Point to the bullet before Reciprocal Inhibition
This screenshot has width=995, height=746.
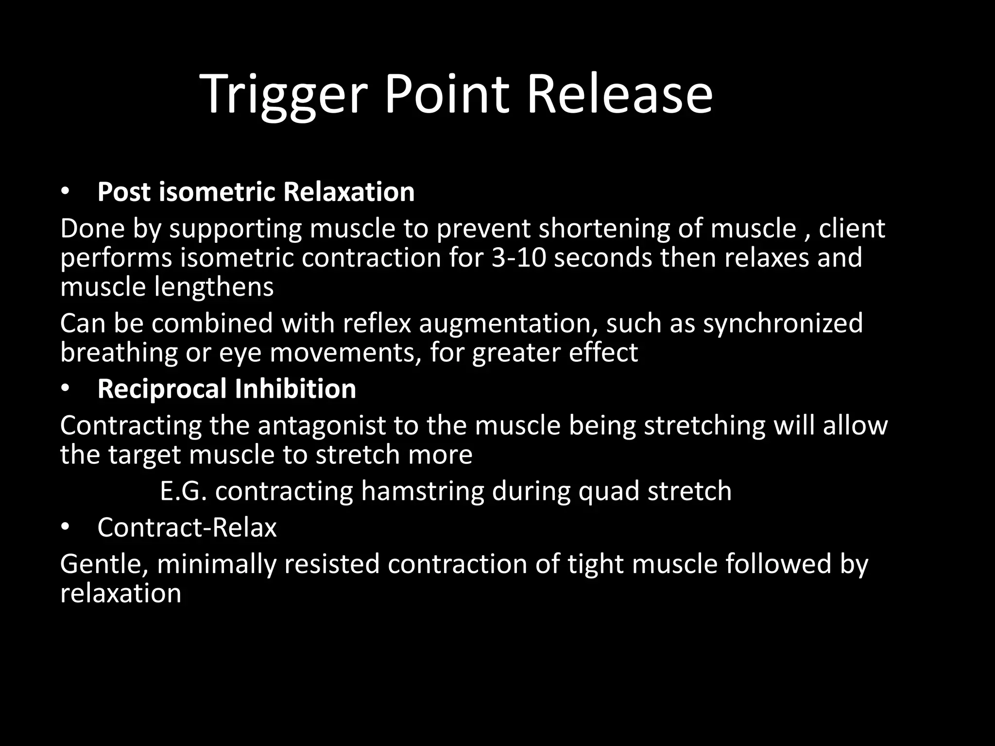pos(66,389)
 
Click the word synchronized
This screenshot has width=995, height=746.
pos(783,323)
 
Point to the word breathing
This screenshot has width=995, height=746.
pos(119,353)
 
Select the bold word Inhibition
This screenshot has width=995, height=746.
pos(295,389)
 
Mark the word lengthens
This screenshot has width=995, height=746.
pos(213,287)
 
